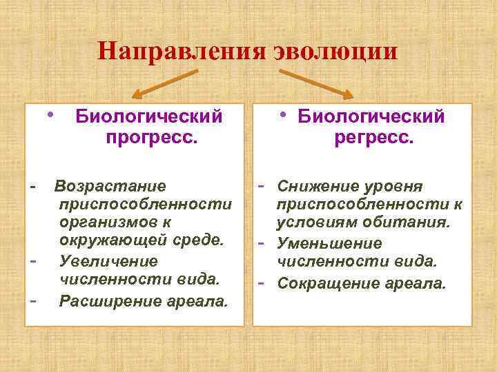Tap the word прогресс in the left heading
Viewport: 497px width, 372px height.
tap(152, 137)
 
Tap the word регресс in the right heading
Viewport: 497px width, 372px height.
tap(374, 137)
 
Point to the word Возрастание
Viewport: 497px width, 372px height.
tap(110, 186)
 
